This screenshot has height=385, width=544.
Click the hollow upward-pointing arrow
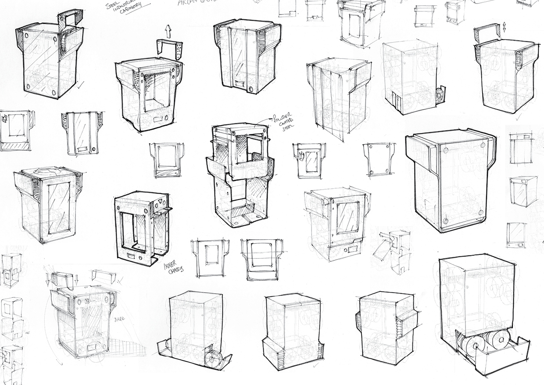point(168,31)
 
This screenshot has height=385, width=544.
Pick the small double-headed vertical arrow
point(505,27)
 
